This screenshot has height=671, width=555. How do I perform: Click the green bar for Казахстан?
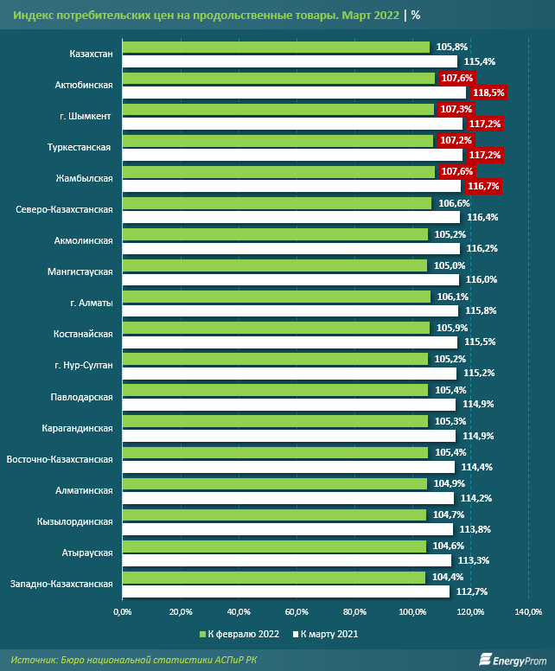point(276,47)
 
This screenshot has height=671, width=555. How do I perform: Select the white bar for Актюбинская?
point(294,93)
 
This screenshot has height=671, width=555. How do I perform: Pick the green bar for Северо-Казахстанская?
point(277,202)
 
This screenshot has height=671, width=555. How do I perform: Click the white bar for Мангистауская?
point(290,280)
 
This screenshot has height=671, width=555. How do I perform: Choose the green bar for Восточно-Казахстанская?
point(275,452)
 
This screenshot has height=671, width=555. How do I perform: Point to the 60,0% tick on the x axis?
point(297,612)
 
